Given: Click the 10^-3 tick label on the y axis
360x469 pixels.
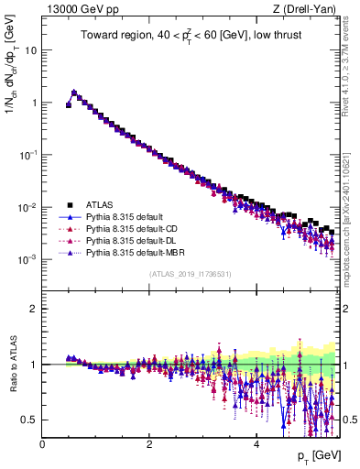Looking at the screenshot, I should point(27,259).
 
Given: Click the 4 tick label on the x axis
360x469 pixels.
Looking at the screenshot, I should point(256,443).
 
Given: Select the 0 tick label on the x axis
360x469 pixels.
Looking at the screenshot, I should point(42,443).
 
